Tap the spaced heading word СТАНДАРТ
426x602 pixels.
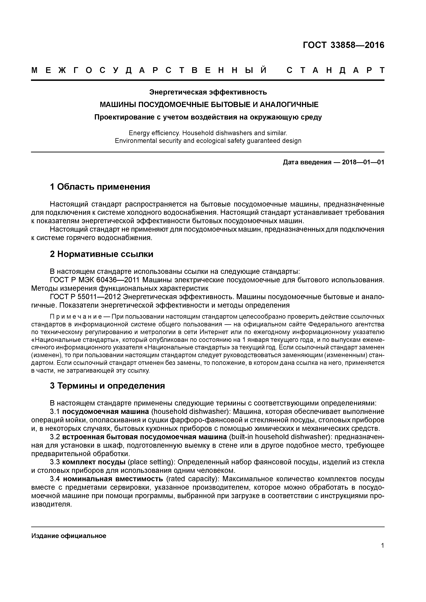[x=335, y=70]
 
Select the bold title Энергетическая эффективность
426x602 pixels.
[x=208, y=92]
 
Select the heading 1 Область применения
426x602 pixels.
[x=100, y=187]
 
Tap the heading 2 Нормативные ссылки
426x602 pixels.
[x=102, y=254]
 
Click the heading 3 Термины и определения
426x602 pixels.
[x=107, y=386]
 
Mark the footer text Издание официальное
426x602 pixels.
[x=69, y=536]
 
